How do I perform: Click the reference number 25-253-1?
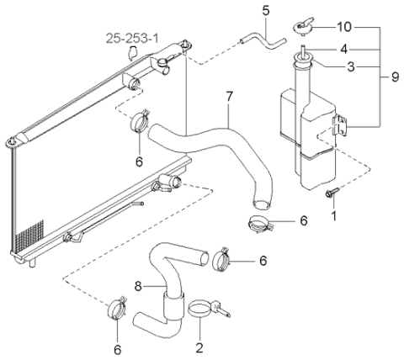click(x=132, y=38)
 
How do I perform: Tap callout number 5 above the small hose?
click(x=265, y=10)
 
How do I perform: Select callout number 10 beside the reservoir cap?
click(x=344, y=27)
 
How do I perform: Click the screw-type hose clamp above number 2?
click(x=208, y=309)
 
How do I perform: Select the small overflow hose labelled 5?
click(x=263, y=42)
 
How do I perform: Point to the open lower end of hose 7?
click(x=261, y=204)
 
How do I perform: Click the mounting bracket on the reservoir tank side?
click(x=340, y=125)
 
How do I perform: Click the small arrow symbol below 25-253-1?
click(x=132, y=53)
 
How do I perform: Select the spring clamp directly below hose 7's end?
click(x=260, y=223)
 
